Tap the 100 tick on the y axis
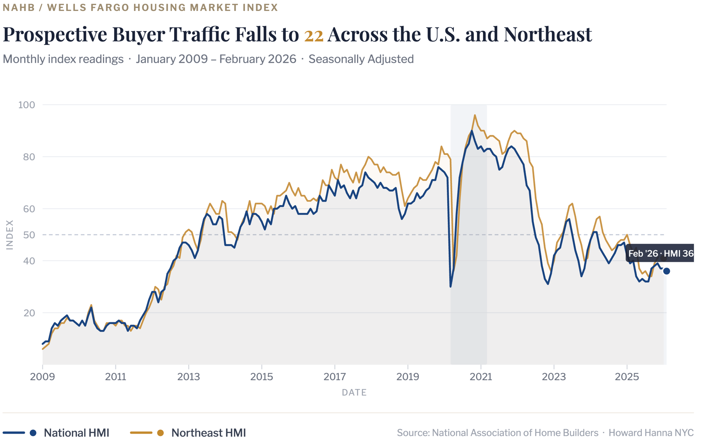[27, 105]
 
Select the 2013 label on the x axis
[188, 377]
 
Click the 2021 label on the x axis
[480, 377]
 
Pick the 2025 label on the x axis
[627, 377]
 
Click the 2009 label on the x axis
[42, 377]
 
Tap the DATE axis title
[354, 393]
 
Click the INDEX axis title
[10, 235]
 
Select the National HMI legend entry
[76, 433]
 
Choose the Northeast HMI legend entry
[208, 433]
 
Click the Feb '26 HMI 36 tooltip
[660, 253]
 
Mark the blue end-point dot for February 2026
[667, 271]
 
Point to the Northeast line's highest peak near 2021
[475, 115]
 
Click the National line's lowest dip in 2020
[451, 286]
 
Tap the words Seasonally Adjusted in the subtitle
[361, 59]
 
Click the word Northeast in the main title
[548, 34]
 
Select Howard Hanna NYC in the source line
[651, 433]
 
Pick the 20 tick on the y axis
[29, 313]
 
